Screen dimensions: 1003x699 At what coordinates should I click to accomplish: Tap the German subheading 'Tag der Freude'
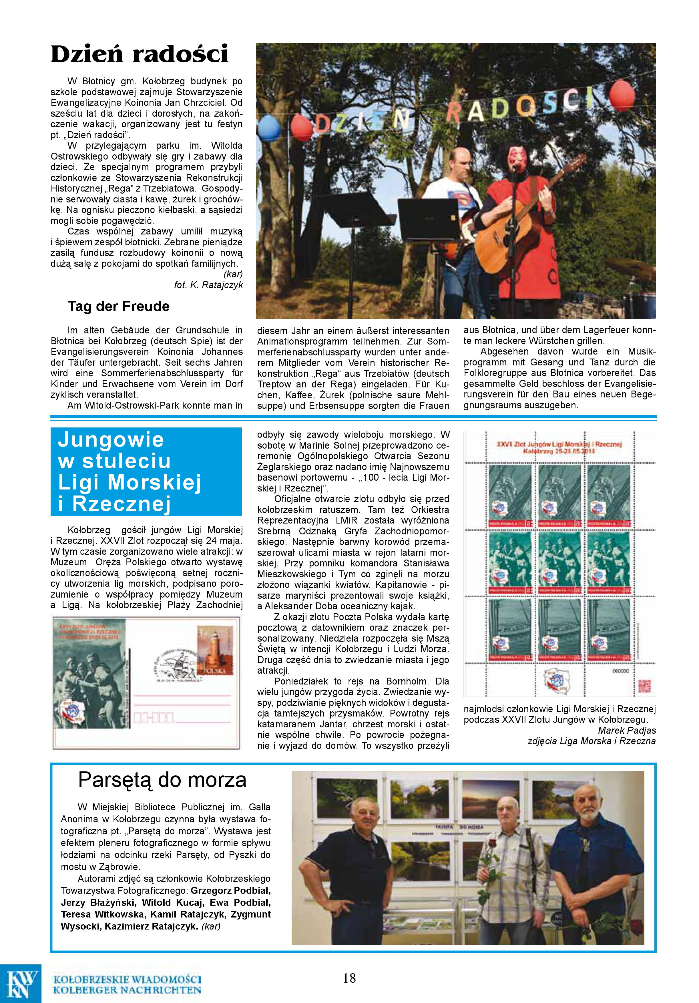118,306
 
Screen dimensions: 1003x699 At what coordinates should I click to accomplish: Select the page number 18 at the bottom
349,978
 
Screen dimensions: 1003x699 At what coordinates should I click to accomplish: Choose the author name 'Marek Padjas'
627,730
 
